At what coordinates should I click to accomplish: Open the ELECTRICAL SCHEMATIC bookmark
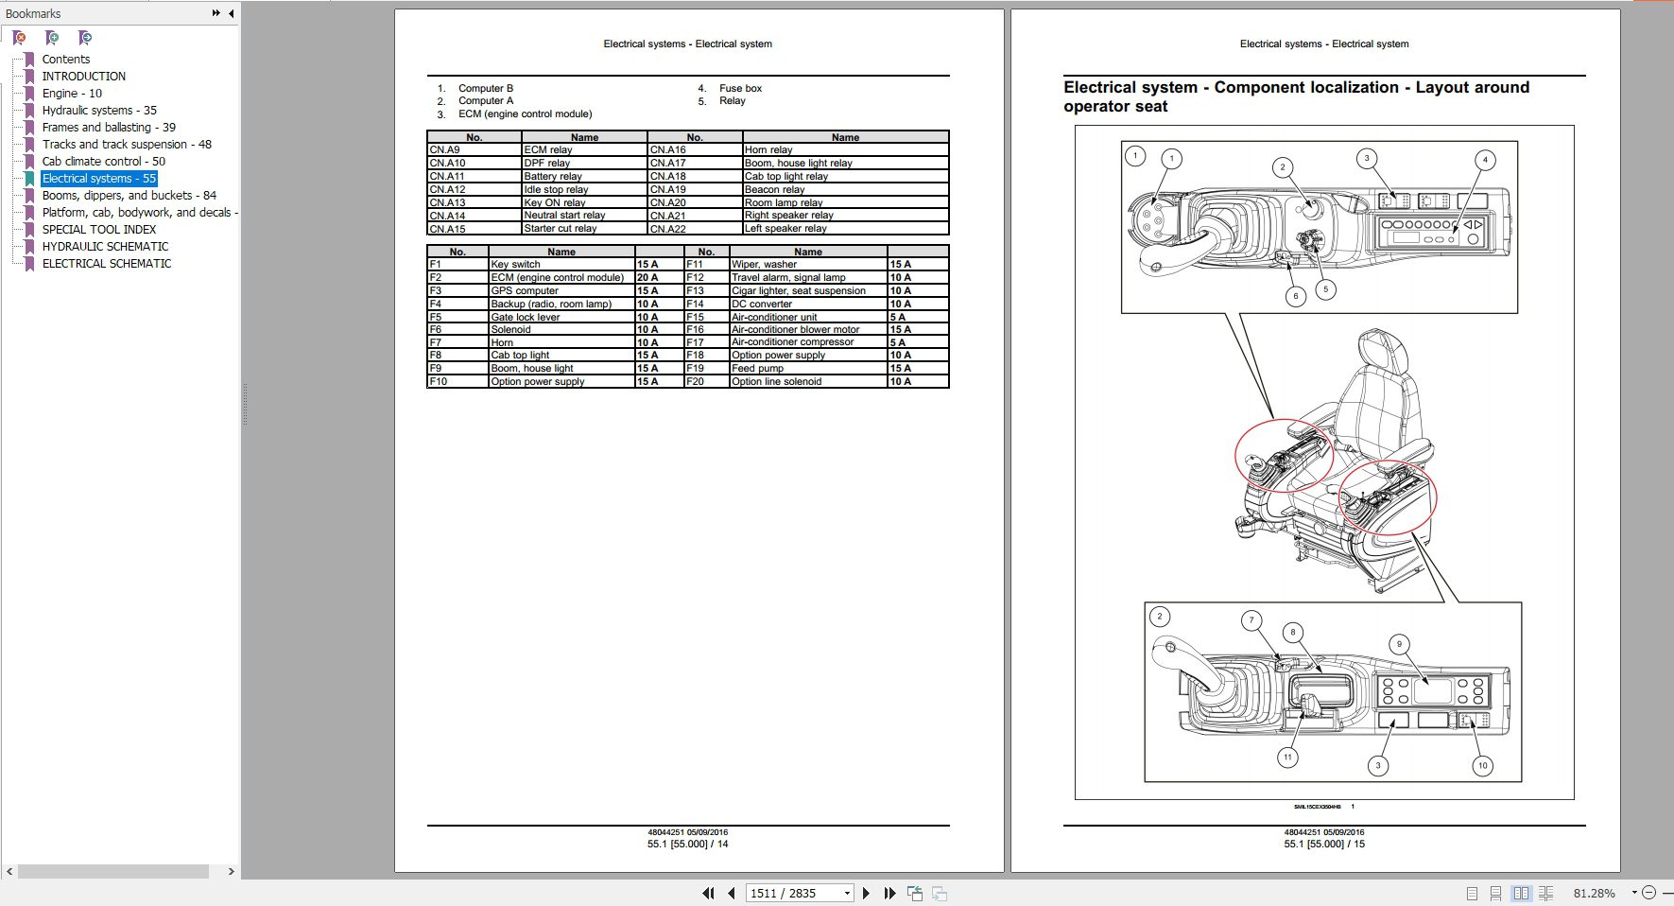(x=106, y=264)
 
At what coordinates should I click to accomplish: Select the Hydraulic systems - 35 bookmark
(x=99, y=111)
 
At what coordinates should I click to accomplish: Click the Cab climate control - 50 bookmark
(x=103, y=162)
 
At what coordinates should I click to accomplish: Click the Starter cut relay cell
(x=561, y=229)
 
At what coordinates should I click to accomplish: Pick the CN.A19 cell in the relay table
(x=668, y=189)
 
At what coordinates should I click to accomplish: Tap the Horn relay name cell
(x=768, y=149)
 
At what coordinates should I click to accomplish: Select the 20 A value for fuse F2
(x=647, y=278)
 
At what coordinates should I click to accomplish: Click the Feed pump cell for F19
(x=757, y=369)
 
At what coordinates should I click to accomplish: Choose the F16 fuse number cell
(x=696, y=330)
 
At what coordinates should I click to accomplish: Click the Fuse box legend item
(x=740, y=89)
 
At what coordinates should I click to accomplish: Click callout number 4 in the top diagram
(x=1485, y=160)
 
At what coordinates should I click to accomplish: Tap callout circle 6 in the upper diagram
(x=1296, y=296)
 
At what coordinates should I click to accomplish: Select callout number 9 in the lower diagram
(x=1400, y=644)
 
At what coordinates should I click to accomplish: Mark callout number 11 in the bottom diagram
(x=1287, y=758)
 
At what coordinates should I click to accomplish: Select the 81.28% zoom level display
(x=1594, y=893)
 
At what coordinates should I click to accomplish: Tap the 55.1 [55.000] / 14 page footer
(x=687, y=845)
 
